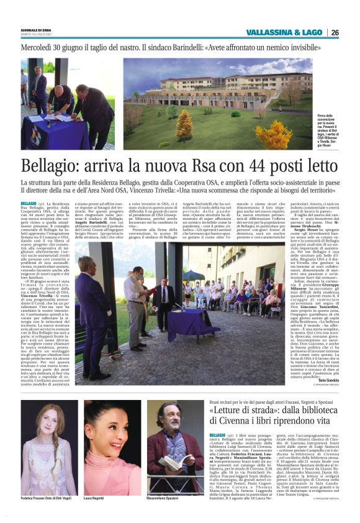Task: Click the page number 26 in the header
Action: [x=335, y=33]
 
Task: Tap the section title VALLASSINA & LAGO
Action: [x=284, y=33]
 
